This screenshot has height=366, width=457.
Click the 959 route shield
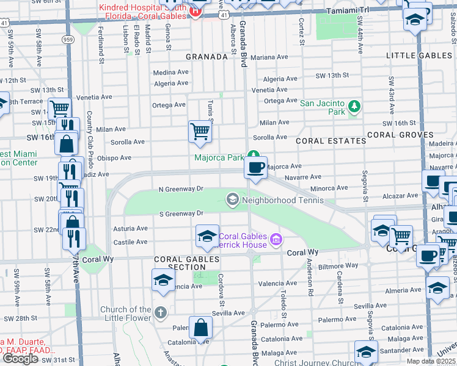(68, 39)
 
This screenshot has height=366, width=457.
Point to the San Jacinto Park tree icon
(354, 108)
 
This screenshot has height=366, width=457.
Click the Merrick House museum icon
(276, 240)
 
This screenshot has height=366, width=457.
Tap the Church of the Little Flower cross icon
(161, 313)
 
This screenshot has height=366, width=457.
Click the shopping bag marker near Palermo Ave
(200, 329)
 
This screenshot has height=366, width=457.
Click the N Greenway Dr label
(180, 189)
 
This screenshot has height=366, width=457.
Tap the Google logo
(20, 359)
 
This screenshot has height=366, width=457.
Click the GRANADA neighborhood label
(207, 57)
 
